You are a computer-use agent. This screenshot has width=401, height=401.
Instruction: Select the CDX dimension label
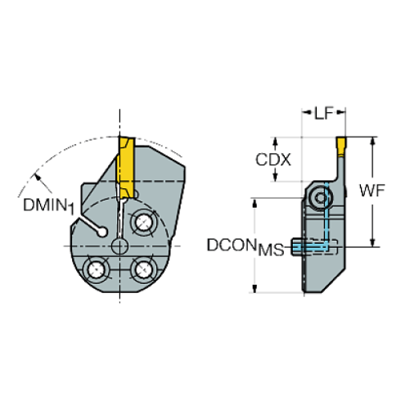(x=273, y=160)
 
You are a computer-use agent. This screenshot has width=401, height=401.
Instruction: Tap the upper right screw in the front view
(x=147, y=220)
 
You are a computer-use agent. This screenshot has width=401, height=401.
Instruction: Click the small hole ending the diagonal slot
(x=103, y=233)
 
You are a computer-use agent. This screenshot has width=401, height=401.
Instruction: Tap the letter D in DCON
(x=212, y=245)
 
